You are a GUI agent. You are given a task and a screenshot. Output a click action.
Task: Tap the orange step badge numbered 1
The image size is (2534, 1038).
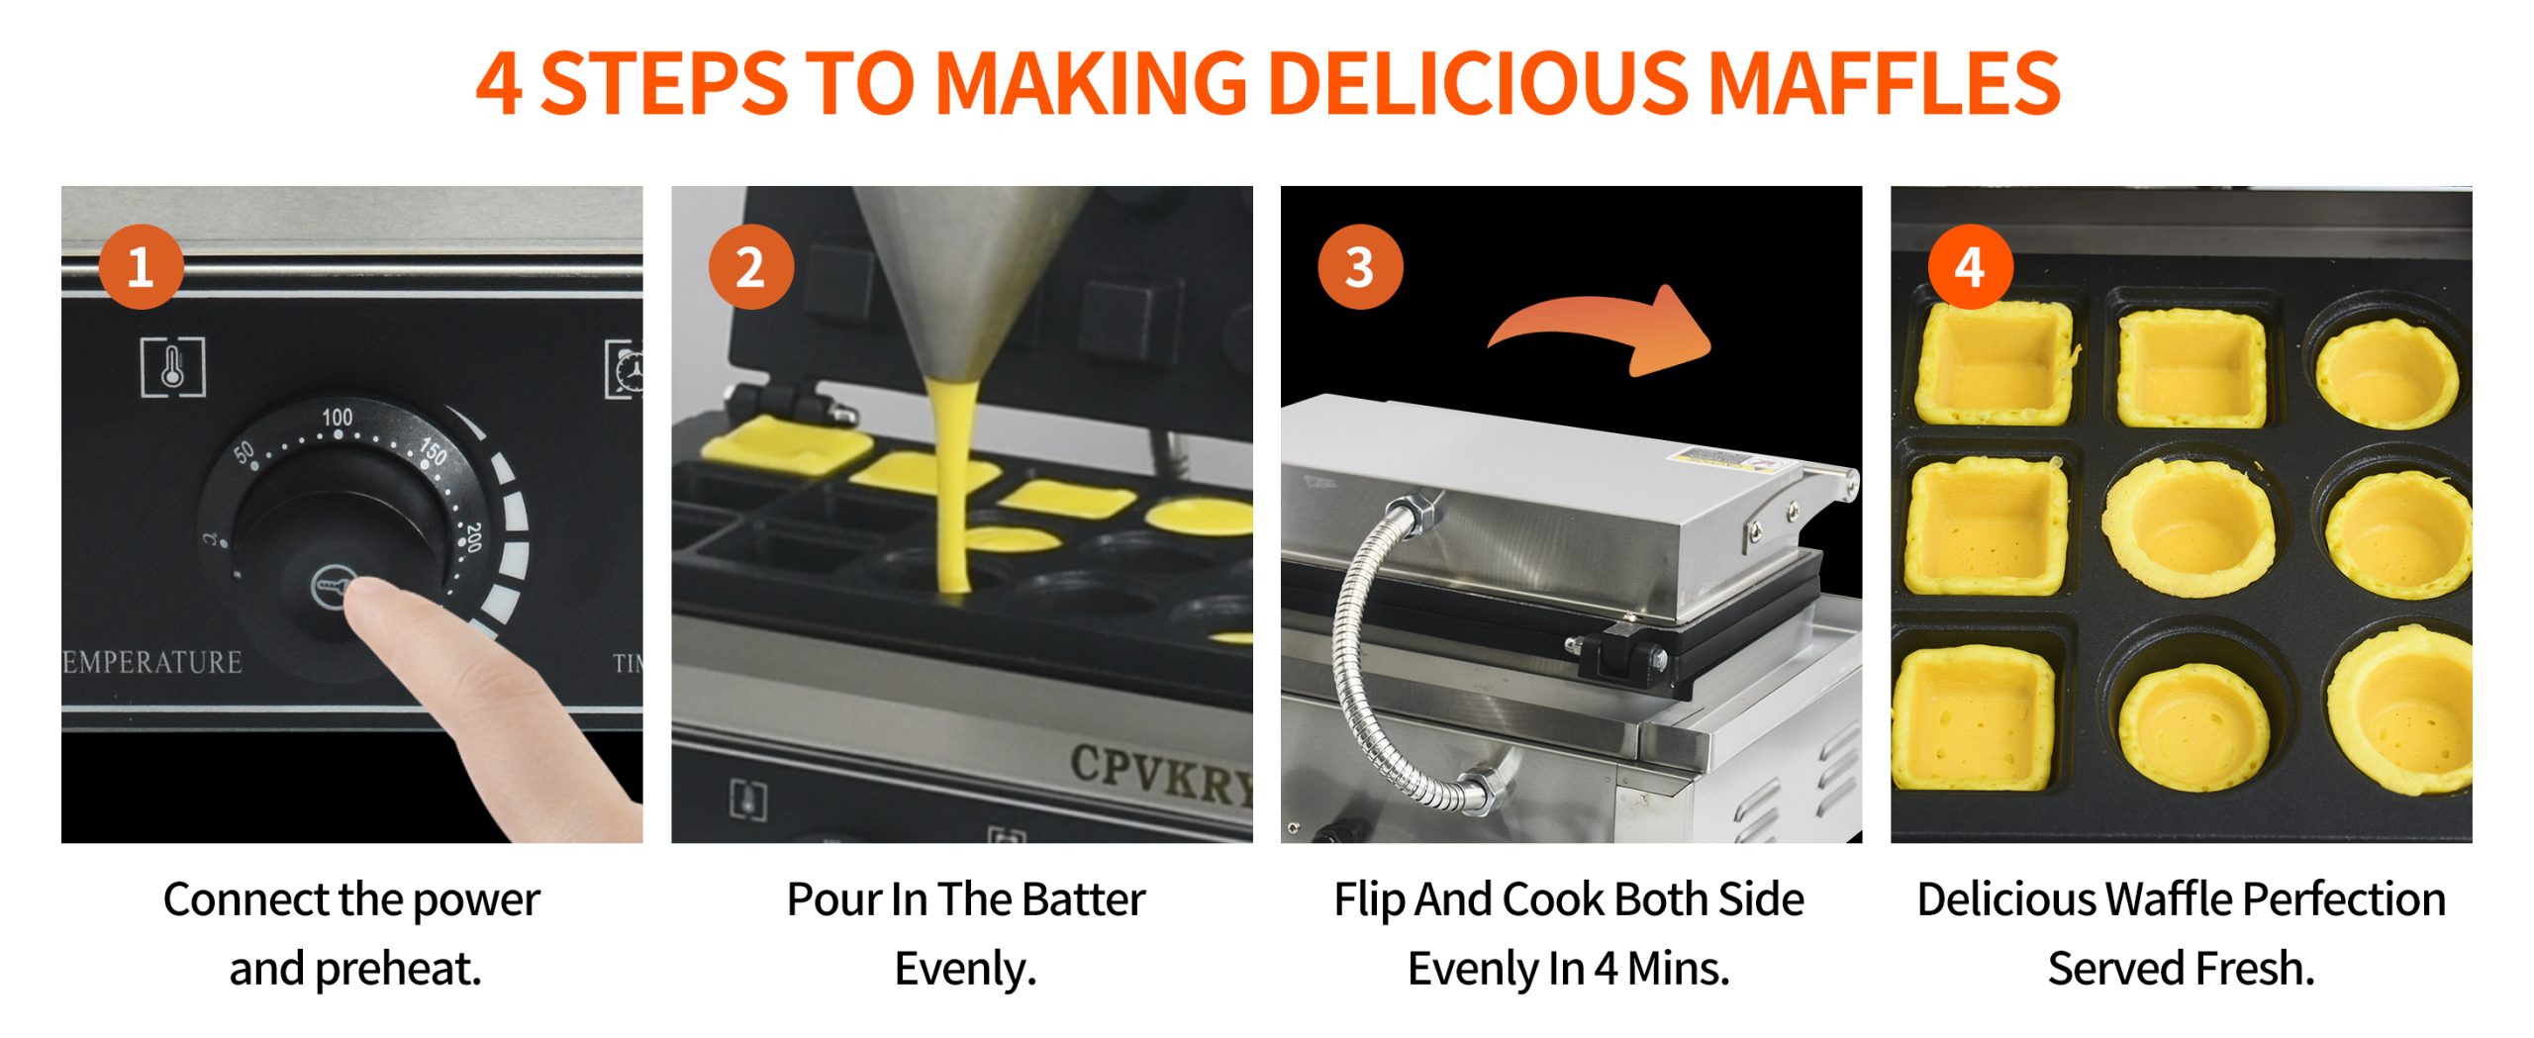[x=142, y=267]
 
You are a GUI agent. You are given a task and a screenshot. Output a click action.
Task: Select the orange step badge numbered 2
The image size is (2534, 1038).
[x=751, y=267]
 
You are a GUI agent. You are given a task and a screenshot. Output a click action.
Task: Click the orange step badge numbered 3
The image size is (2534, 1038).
[x=1360, y=267]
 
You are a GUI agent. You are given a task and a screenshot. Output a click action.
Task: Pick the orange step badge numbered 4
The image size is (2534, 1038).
[x=1970, y=267]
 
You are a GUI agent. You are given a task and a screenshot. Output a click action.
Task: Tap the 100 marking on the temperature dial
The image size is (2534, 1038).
[x=337, y=417]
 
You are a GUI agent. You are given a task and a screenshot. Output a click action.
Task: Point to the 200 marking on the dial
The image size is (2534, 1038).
[x=473, y=536]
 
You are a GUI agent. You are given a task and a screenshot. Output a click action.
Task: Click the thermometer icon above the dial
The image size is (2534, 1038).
[x=172, y=366]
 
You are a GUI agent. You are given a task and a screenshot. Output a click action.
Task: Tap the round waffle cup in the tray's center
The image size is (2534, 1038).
[x=2188, y=527]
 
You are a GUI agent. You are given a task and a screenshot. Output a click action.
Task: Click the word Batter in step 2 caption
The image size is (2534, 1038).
[x=1084, y=899]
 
